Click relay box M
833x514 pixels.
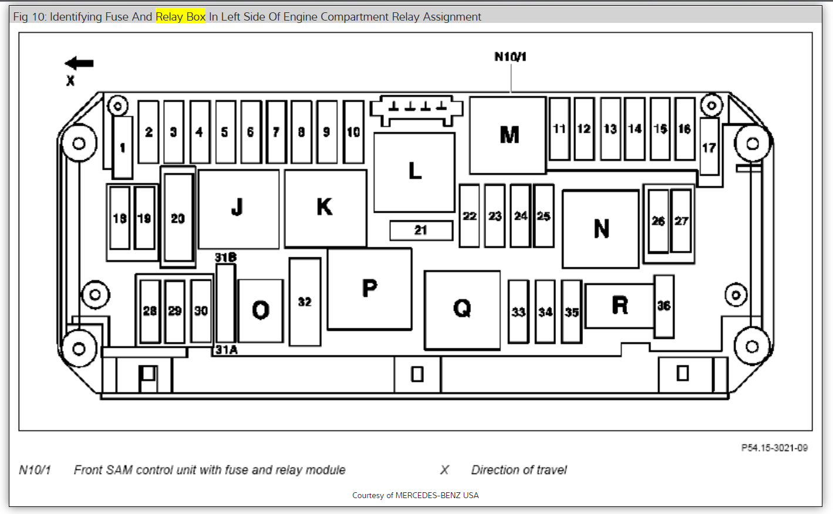coord(508,135)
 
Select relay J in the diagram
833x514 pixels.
coord(238,208)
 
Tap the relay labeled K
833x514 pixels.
coord(325,208)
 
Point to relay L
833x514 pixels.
coord(414,172)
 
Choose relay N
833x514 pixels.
coord(601,229)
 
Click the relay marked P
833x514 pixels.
coord(369,288)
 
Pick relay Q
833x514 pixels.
coord(462,309)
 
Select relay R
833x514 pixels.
coord(619,305)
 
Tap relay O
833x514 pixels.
coord(261,310)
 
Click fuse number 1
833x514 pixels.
coord(123,147)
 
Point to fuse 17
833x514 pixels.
coord(709,147)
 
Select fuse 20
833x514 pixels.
coord(178,218)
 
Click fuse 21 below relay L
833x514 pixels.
coord(421,230)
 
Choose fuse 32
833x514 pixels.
coord(305,302)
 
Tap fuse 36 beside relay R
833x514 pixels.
coord(664,306)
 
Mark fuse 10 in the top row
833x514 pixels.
coord(353,132)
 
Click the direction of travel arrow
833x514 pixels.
coord(79,63)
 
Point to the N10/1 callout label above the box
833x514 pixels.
coord(510,57)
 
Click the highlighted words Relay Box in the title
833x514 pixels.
coord(180,16)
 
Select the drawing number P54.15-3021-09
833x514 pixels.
coord(774,448)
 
